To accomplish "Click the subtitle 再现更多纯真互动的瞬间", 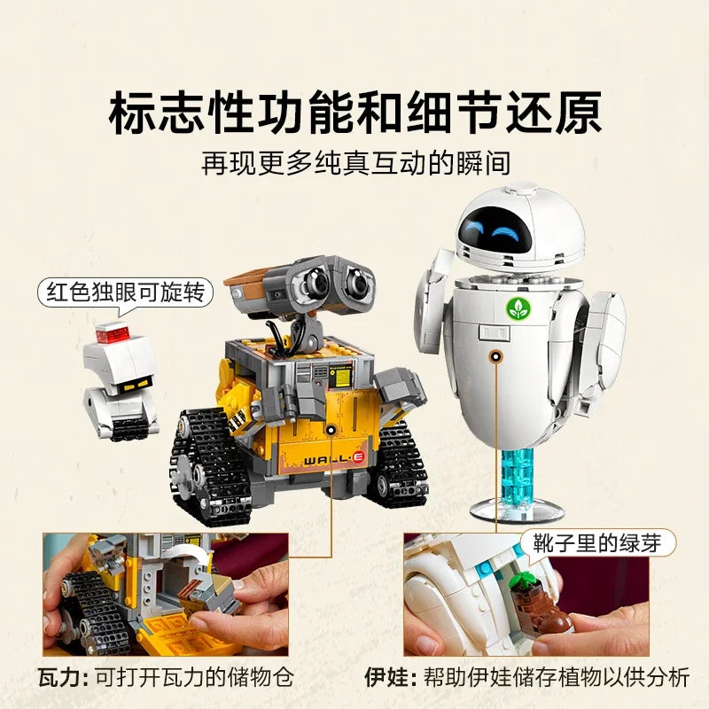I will [x=354, y=165].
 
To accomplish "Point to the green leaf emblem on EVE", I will [x=514, y=308].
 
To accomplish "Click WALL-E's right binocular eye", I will [x=358, y=282].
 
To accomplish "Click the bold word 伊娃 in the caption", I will [x=384, y=677].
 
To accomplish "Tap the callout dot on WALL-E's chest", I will [x=331, y=430].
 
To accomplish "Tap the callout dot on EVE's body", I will [x=496, y=355].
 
